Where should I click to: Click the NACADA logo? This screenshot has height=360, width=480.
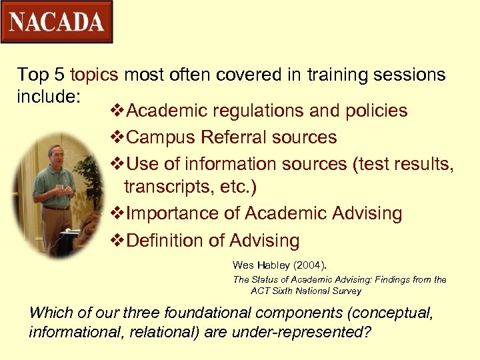pyautogui.click(x=57, y=22)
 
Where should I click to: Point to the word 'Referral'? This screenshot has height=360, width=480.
pyautogui.click(x=229, y=137)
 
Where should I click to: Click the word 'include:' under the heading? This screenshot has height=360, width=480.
pyautogui.click(x=49, y=97)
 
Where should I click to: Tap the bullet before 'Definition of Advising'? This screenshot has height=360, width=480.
pyautogui.click(x=115, y=240)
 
